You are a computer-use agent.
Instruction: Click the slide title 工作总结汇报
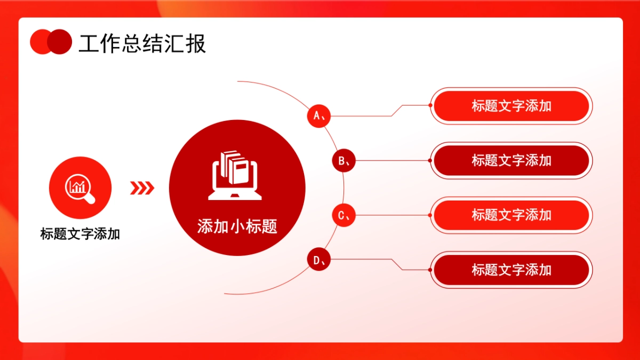pyautogui.click(x=142, y=44)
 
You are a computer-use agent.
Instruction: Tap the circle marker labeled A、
pyautogui.click(x=319, y=115)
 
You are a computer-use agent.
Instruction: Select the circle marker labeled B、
pyautogui.click(x=343, y=160)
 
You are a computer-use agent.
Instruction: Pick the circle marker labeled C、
pyautogui.click(x=343, y=215)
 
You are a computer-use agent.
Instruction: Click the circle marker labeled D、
pyautogui.click(x=319, y=260)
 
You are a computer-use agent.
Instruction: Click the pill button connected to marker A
pyautogui.click(x=511, y=106)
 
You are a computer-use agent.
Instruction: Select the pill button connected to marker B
pyautogui.click(x=511, y=161)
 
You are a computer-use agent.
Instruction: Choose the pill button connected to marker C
pyautogui.click(x=511, y=215)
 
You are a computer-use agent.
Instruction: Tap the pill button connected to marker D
pyautogui.click(x=511, y=270)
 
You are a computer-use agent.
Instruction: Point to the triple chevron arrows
pyautogui.click(x=142, y=187)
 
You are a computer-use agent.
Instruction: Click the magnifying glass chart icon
pyautogui.click(x=80, y=187)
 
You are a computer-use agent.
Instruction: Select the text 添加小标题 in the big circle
pyautogui.click(x=237, y=227)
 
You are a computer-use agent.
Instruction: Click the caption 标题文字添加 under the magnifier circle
pyautogui.click(x=80, y=234)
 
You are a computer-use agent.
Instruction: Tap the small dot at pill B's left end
pyautogui.click(x=430, y=160)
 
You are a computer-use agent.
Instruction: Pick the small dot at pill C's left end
pyautogui.click(x=430, y=215)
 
